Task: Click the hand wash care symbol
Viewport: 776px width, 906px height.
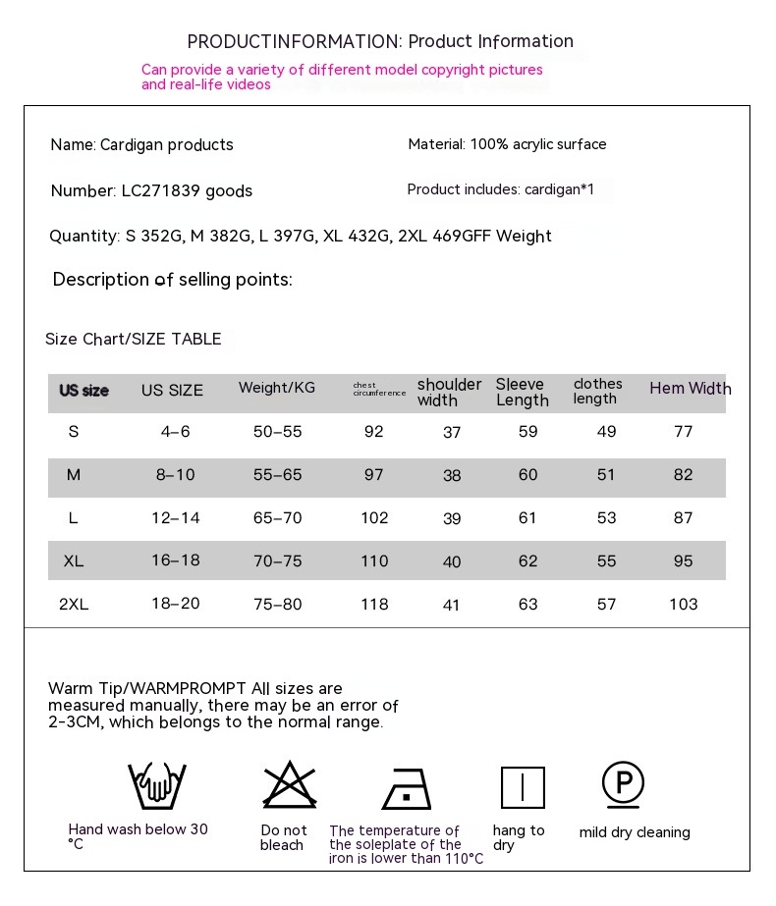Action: click(157, 786)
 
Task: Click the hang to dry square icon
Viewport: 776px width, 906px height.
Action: click(523, 787)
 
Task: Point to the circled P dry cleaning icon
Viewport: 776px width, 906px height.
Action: click(623, 784)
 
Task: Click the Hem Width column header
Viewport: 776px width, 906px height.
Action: click(690, 389)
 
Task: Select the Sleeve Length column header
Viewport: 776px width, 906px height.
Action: click(522, 392)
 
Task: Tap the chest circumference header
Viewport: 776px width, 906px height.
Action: click(379, 390)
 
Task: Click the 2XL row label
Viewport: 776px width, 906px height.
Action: click(74, 605)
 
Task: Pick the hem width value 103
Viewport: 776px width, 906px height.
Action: click(683, 605)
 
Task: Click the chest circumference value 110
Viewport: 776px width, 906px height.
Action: click(374, 561)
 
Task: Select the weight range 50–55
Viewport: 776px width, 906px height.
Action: click(278, 432)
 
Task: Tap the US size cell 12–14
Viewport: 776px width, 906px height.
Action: click(176, 518)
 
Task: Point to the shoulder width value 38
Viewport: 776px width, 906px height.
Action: click(452, 476)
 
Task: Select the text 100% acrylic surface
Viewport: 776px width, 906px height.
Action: click(538, 144)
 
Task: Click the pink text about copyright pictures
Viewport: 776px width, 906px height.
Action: click(342, 71)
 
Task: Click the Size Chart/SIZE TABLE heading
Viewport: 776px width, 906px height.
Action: click(133, 340)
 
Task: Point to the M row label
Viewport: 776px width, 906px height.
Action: click(74, 475)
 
